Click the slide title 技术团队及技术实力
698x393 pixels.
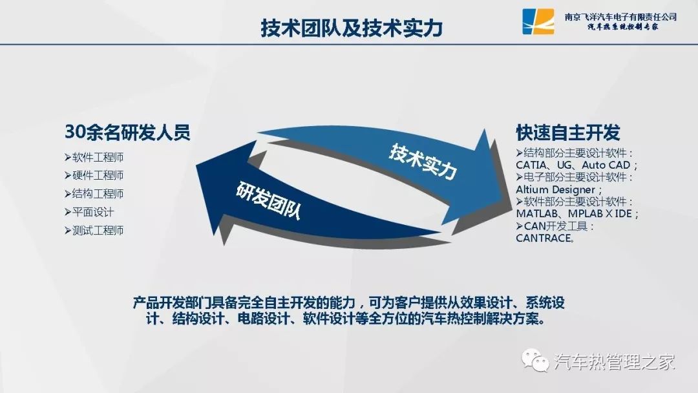pyautogui.click(x=351, y=28)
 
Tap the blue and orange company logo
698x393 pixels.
pyautogui.click(x=538, y=21)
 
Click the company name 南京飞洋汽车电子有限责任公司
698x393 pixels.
pyautogui.click(x=620, y=17)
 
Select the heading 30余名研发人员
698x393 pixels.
pyautogui.click(x=128, y=133)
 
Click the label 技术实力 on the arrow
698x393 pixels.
pyautogui.click(x=423, y=161)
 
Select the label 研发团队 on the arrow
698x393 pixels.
pyautogui.click(x=268, y=200)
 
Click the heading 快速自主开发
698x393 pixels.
pyautogui.click(x=568, y=133)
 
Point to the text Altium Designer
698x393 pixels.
pyautogui.click(x=556, y=189)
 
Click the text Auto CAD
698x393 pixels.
pyautogui.click(x=606, y=165)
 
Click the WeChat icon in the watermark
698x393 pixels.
pyautogui.click(x=536, y=359)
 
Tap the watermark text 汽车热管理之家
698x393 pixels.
pyautogui.click(x=615, y=361)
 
